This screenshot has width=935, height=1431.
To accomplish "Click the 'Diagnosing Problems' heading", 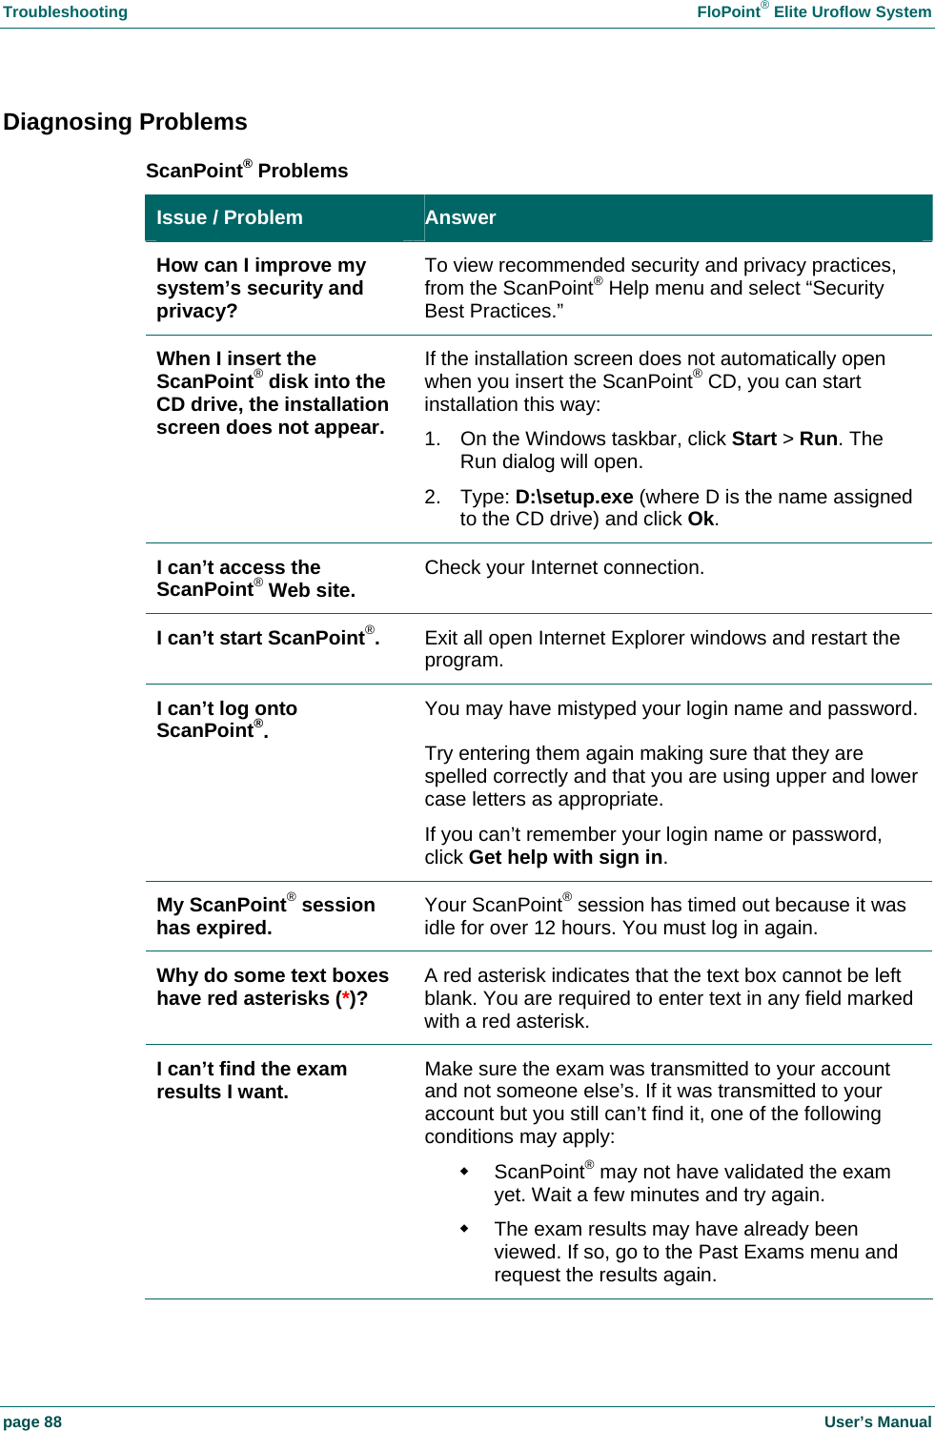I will (125, 122).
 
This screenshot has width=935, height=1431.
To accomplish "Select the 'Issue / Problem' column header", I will (229, 217).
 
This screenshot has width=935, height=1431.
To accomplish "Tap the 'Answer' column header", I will (460, 217).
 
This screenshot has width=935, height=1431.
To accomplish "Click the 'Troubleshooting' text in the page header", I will (65, 11).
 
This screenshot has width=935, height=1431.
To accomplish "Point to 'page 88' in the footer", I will (32, 1421).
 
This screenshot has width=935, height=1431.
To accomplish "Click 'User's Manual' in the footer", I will (877, 1421).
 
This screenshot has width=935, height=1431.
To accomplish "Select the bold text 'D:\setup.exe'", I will (574, 497).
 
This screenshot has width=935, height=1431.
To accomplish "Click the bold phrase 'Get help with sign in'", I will (565, 857).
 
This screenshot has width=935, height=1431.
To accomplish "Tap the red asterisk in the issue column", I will (346, 998).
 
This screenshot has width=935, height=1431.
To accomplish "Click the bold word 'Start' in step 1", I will (754, 439).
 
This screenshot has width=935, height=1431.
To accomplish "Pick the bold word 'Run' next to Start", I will (818, 439).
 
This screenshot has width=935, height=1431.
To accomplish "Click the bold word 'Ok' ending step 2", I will (701, 519).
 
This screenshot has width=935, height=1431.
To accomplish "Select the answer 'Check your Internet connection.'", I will (564, 567).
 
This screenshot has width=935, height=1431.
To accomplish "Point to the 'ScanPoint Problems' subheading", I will (247, 171).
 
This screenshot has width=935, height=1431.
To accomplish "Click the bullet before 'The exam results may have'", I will (464, 1229).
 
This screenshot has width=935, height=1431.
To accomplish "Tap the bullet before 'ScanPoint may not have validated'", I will (464, 1172).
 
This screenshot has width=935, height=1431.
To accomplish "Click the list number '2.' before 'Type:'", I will (433, 497).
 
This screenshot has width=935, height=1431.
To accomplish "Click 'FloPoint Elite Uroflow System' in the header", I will (814, 11).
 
